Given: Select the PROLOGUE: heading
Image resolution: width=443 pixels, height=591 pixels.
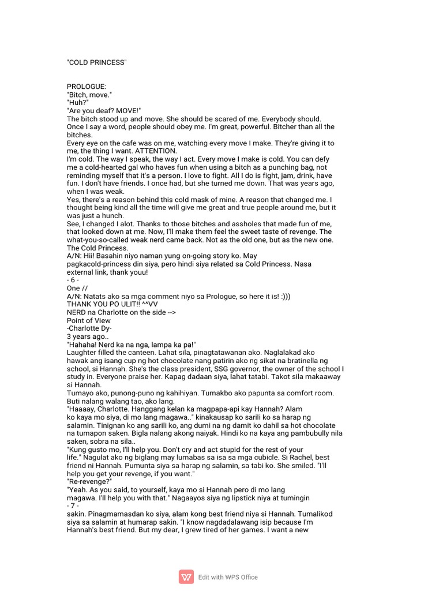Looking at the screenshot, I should tap(87, 87).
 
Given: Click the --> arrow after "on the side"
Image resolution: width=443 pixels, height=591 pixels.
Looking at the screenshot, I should tap(168, 312).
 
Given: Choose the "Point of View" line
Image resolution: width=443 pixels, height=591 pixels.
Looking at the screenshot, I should tap(89, 320).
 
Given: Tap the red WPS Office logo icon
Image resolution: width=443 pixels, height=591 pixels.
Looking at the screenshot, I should tap(186, 577).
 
